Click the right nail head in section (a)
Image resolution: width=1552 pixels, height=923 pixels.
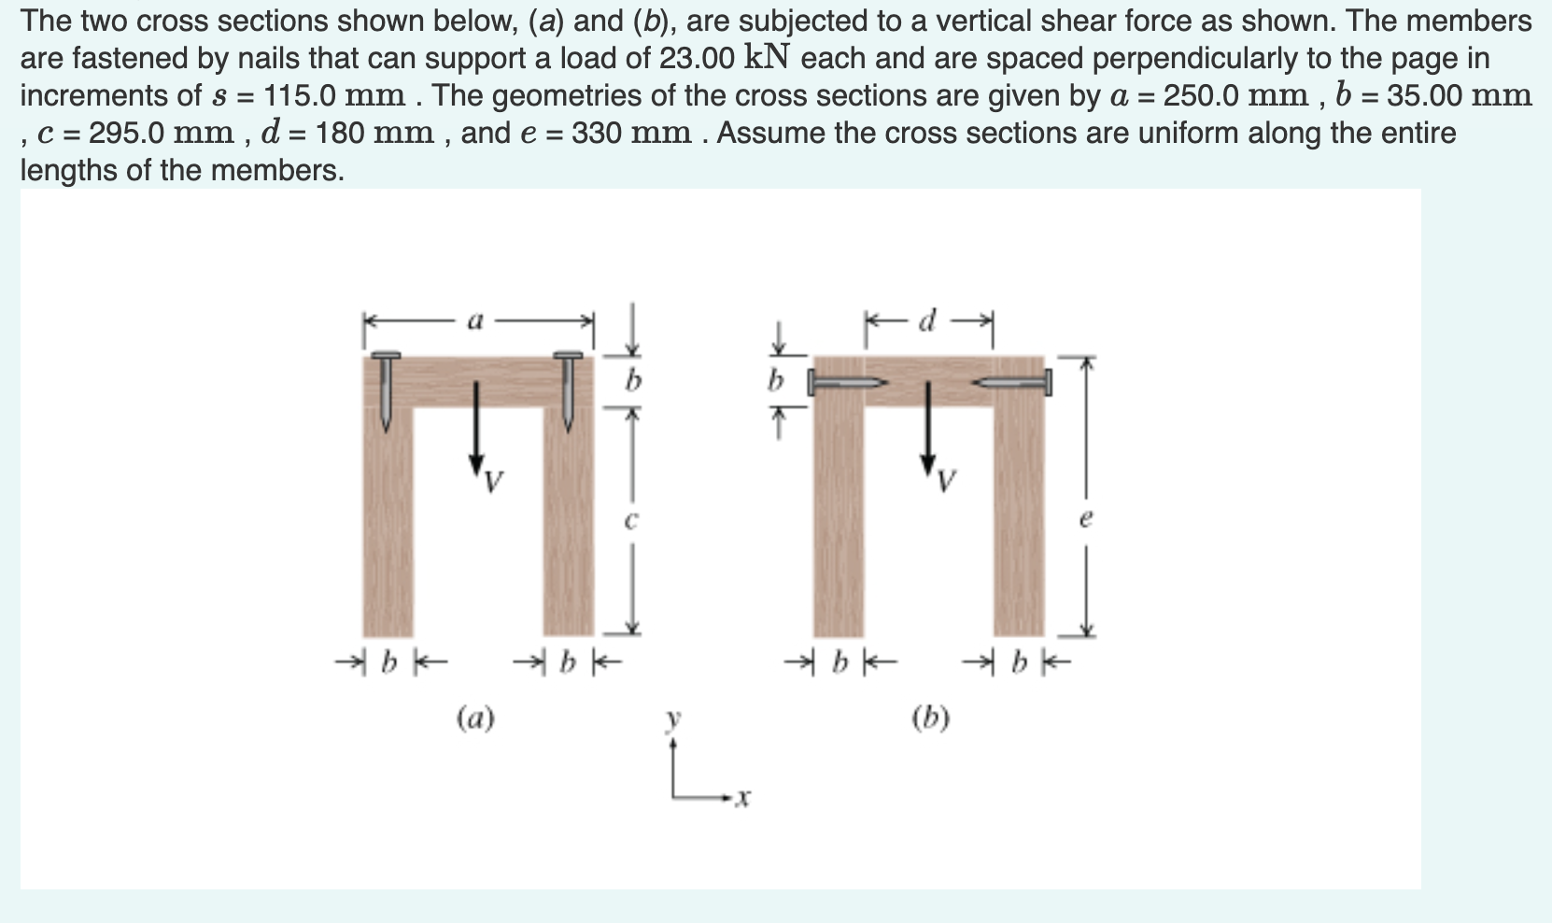coord(568,356)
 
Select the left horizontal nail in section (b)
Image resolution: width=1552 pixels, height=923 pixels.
coord(845,382)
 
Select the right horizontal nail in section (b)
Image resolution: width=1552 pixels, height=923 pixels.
coord(1014,382)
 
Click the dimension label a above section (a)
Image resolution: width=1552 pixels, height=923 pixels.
coord(475,322)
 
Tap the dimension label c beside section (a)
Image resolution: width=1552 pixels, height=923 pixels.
coord(630,520)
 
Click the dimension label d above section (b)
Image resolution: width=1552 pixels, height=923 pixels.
coord(926,322)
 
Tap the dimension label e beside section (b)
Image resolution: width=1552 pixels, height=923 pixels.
coord(1085,519)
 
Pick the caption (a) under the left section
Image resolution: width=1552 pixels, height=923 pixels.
coord(475,717)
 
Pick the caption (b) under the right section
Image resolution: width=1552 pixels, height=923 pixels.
coord(930,717)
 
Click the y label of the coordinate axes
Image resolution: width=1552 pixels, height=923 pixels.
coord(672,719)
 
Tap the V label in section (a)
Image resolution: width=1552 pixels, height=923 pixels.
coord(494,482)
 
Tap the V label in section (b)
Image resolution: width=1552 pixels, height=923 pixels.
coord(947,482)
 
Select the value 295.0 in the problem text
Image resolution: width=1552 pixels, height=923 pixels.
coord(127,133)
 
